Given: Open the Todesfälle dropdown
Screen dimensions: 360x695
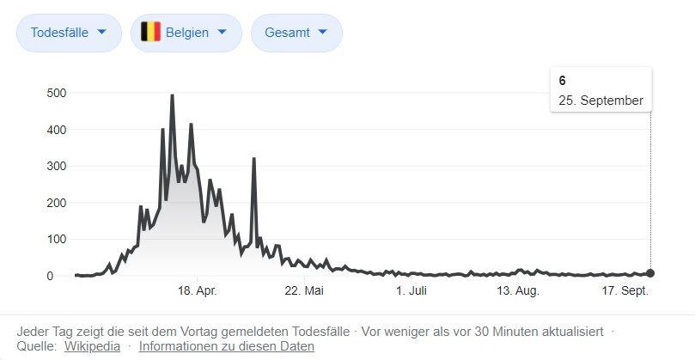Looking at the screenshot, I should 69,33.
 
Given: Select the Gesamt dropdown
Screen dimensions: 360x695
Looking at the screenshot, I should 296,33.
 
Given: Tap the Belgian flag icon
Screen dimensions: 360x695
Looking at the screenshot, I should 150,33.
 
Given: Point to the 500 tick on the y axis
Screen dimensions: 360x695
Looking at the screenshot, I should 58,93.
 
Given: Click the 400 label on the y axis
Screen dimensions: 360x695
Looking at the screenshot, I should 58,130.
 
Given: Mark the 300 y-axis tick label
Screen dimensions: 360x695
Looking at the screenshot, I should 58,166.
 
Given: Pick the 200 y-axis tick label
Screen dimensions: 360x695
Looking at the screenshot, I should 58,203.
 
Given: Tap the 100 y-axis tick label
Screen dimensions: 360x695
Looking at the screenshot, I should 58,239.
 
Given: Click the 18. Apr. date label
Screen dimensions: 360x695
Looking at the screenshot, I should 196,291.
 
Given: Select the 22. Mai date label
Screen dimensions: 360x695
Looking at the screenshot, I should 303,291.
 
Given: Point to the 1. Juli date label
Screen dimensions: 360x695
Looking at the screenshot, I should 411,291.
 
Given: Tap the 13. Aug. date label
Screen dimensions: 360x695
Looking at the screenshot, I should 517,291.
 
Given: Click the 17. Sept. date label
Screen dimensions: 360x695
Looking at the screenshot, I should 625,291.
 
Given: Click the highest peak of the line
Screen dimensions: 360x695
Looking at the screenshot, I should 172,96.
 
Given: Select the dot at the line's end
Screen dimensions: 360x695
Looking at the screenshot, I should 650,273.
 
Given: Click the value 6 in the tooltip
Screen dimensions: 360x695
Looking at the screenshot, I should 562,81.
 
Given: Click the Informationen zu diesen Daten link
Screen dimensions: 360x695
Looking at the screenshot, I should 227,346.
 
